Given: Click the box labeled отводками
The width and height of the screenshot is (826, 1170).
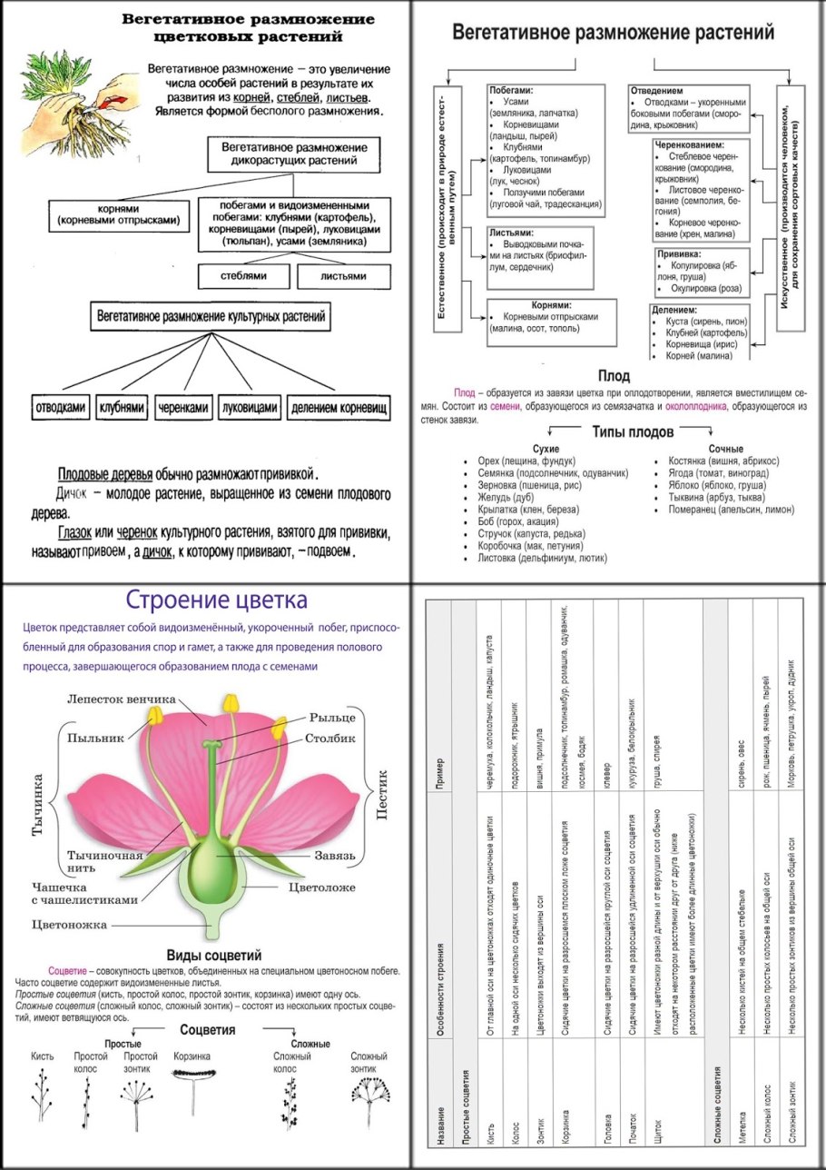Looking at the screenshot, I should click(60, 408).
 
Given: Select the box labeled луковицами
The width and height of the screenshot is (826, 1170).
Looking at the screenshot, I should click(250, 408).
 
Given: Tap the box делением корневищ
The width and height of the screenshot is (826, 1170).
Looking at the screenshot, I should click(339, 408).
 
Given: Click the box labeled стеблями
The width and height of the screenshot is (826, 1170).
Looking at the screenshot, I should click(242, 275).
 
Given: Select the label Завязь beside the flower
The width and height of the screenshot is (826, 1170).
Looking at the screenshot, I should click(336, 855).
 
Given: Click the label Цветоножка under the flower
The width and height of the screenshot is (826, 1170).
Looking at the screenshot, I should click(70, 925).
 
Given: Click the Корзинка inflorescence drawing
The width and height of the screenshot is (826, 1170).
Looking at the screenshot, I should click(192, 1074).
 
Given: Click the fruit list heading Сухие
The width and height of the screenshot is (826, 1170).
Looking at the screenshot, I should click(546, 449).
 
